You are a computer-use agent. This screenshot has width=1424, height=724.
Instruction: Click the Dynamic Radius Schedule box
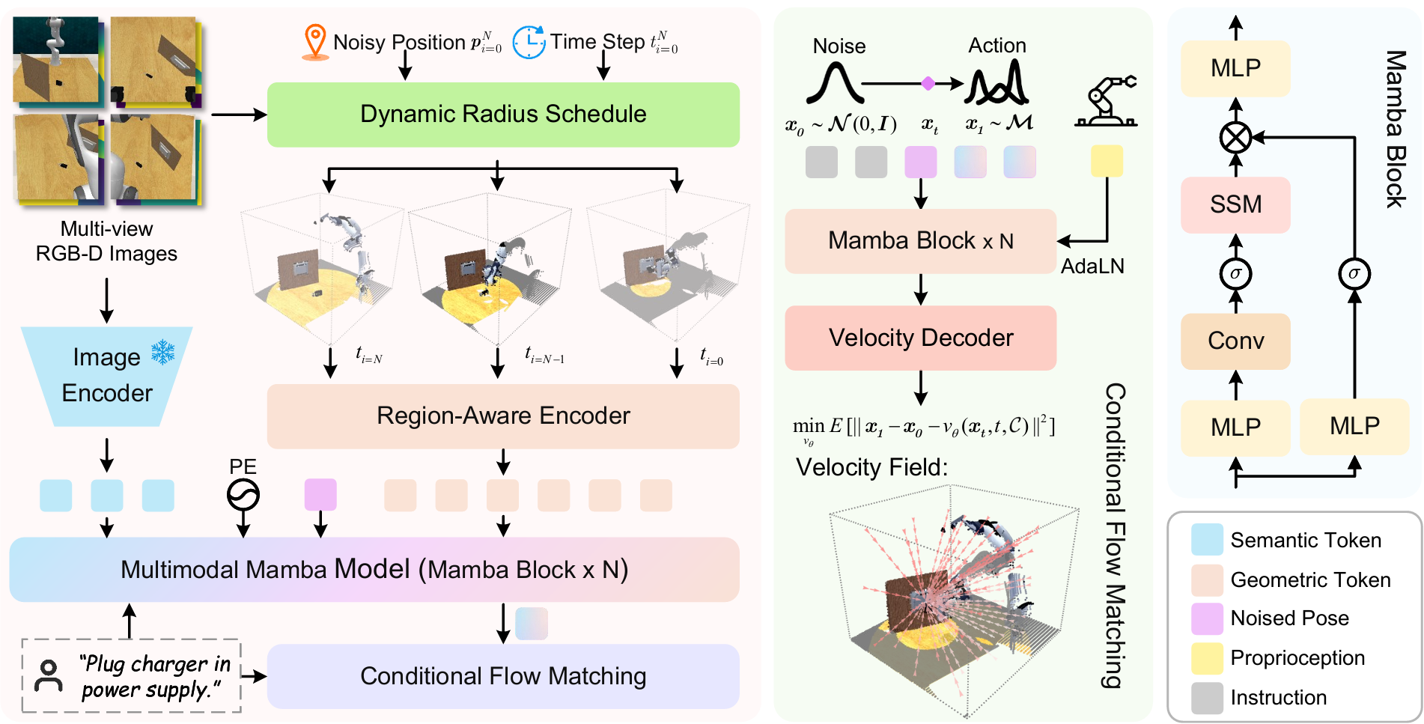tap(503, 115)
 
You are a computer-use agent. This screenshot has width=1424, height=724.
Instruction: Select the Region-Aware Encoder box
tap(503, 416)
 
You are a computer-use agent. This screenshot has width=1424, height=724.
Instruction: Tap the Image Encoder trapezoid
tap(106, 376)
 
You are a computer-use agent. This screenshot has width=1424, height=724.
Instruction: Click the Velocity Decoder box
tap(920, 338)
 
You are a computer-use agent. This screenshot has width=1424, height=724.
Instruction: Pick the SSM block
tap(1235, 204)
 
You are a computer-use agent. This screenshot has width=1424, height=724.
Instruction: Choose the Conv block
tap(1235, 341)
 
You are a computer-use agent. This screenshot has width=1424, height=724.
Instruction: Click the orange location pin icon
tap(315, 42)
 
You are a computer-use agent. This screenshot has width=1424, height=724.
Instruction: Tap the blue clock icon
tap(529, 42)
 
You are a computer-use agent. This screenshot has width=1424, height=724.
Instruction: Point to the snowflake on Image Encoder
tap(162, 352)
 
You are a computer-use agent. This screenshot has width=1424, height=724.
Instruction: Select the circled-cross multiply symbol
tap(1235, 138)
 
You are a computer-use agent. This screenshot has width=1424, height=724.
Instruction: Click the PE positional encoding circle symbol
tap(243, 495)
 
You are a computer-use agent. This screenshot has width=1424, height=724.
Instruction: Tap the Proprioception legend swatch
tap(1207, 658)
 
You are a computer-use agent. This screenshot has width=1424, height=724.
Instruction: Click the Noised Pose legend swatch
tap(1207, 618)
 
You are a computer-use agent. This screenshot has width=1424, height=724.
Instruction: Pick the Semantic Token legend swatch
tap(1207, 540)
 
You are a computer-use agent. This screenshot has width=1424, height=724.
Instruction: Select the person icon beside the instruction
tap(49, 675)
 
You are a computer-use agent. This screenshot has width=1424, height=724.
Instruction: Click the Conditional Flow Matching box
tap(503, 676)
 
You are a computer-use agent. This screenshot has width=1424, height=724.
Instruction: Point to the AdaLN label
tap(1092, 267)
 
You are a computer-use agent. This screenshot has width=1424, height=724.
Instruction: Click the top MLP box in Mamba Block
tap(1235, 68)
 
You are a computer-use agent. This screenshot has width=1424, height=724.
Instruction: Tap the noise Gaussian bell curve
tap(836, 83)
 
